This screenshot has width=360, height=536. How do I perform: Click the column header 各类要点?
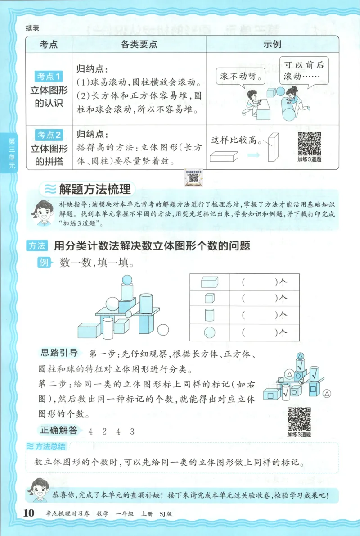coord(139,44)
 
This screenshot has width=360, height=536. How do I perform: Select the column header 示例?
coord(272,44)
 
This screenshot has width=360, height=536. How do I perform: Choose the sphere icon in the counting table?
coord(210,333)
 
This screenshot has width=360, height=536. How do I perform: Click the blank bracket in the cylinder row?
coord(258,316)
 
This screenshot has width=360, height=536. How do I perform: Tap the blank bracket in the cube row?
coord(258,299)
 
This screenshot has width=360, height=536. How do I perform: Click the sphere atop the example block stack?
coord(127,279)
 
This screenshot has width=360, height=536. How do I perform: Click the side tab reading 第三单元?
coord(9,153)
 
